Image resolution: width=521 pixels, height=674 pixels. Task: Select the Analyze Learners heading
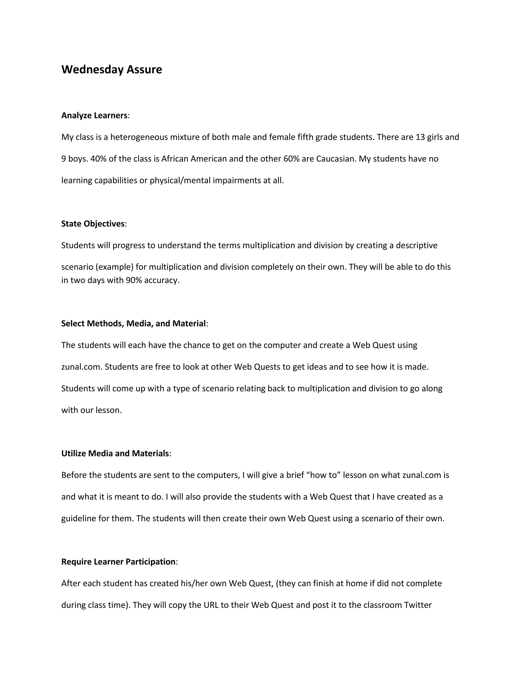pyautogui.click(x=94, y=115)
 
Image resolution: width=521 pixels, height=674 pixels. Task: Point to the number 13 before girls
pyautogui.click(x=420, y=137)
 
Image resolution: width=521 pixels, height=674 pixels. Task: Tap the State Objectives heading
pyautogui.click(x=93, y=224)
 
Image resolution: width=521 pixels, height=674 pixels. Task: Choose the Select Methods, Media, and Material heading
pyautogui.click(x=133, y=324)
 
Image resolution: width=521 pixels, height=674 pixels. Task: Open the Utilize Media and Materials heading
pyautogui.click(x=115, y=453)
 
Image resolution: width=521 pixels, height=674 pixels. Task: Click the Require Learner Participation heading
pyautogui.click(x=119, y=562)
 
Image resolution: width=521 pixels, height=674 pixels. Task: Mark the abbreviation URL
pyautogui.click(x=211, y=605)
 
